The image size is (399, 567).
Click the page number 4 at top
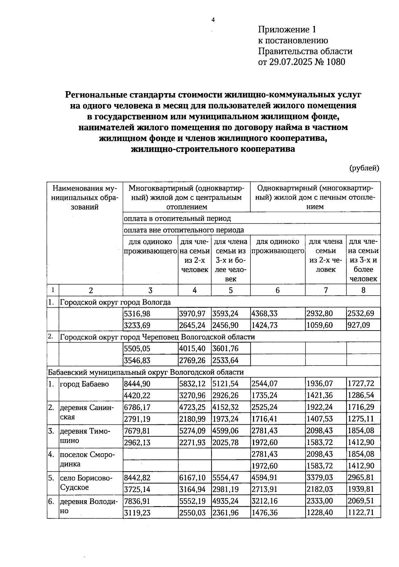pyautogui.click(x=213, y=20)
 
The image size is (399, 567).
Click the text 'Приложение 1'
pyautogui.click(x=287, y=30)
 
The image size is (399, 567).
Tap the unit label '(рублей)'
pyautogui.click(x=364, y=168)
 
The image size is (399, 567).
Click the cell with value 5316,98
pyautogui.click(x=137, y=314)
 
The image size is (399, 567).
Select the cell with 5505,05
pyautogui.click(x=137, y=349)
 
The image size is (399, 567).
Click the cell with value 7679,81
pyautogui.click(x=137, y=431)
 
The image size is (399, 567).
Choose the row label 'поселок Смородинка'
pyautogui.click(x=87, y=459)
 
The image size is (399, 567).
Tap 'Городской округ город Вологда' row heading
pyautogui.click(x=115, y=302)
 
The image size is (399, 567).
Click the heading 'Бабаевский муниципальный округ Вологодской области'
pyautogui.click(x=146, y=372)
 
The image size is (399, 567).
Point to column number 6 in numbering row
pyautogui.click(x=277, y=290)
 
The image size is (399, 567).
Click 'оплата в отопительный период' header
pyautogui.click(x=177, y=218)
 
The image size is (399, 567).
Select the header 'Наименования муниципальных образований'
pyautogui.click(x=85, y=198)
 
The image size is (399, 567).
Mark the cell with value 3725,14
pyautogui.click(x=137, y=490)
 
